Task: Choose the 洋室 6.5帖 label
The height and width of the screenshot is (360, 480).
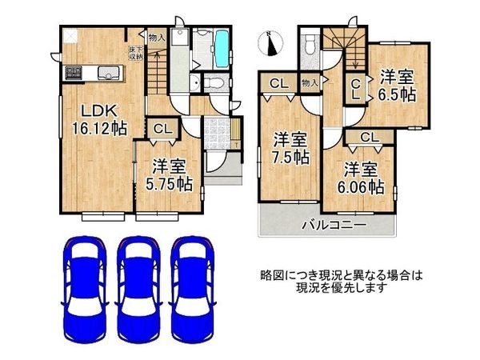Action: pyautogui.click(x=398, y=86)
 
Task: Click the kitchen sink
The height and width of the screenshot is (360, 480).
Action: pyautogui.click(x=108, y=74)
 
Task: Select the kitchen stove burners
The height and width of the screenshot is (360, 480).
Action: pyautogui.click(x=74, y=72)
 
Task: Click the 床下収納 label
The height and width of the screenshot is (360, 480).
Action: pyautogui.click(x=135, y=54)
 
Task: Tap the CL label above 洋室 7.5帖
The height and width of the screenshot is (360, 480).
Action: pyautogui.click(x=279, y=83)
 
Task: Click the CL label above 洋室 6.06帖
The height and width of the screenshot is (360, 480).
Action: pyautogui.click(x=369, y=138)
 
